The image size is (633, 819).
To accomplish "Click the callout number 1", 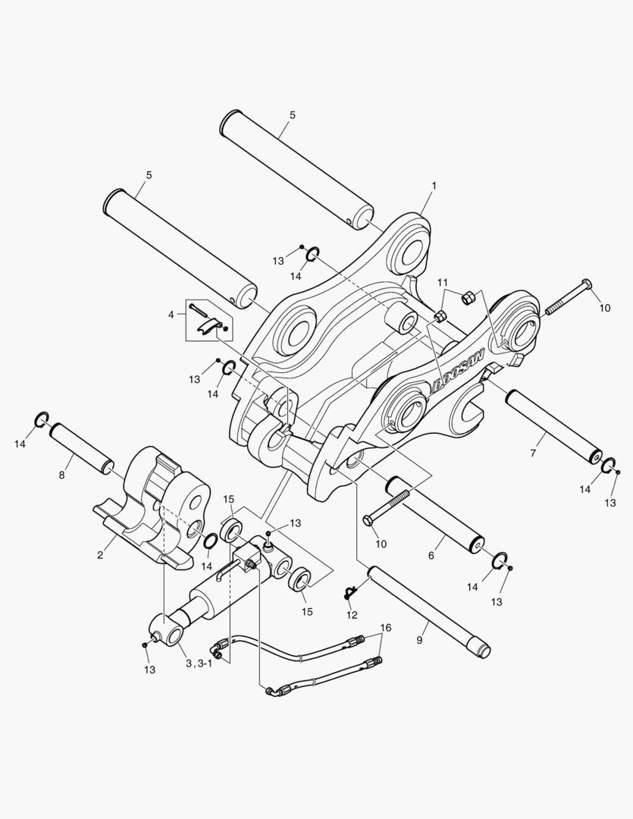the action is click(x=434, y=186).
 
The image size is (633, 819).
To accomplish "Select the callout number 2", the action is click(x=100, y=554).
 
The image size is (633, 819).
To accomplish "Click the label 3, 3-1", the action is click(x=196, y=664).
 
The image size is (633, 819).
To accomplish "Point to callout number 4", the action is click(x=171, y=315).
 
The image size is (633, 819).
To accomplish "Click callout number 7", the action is click(x=533, y=453).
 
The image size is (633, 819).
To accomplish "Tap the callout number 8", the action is click(x=61, y=475).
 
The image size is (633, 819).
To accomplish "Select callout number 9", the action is click(x=419, y=640).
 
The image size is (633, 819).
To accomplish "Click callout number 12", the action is click(x=352, y=615).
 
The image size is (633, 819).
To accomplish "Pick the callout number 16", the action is click(x=385, y=627).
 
